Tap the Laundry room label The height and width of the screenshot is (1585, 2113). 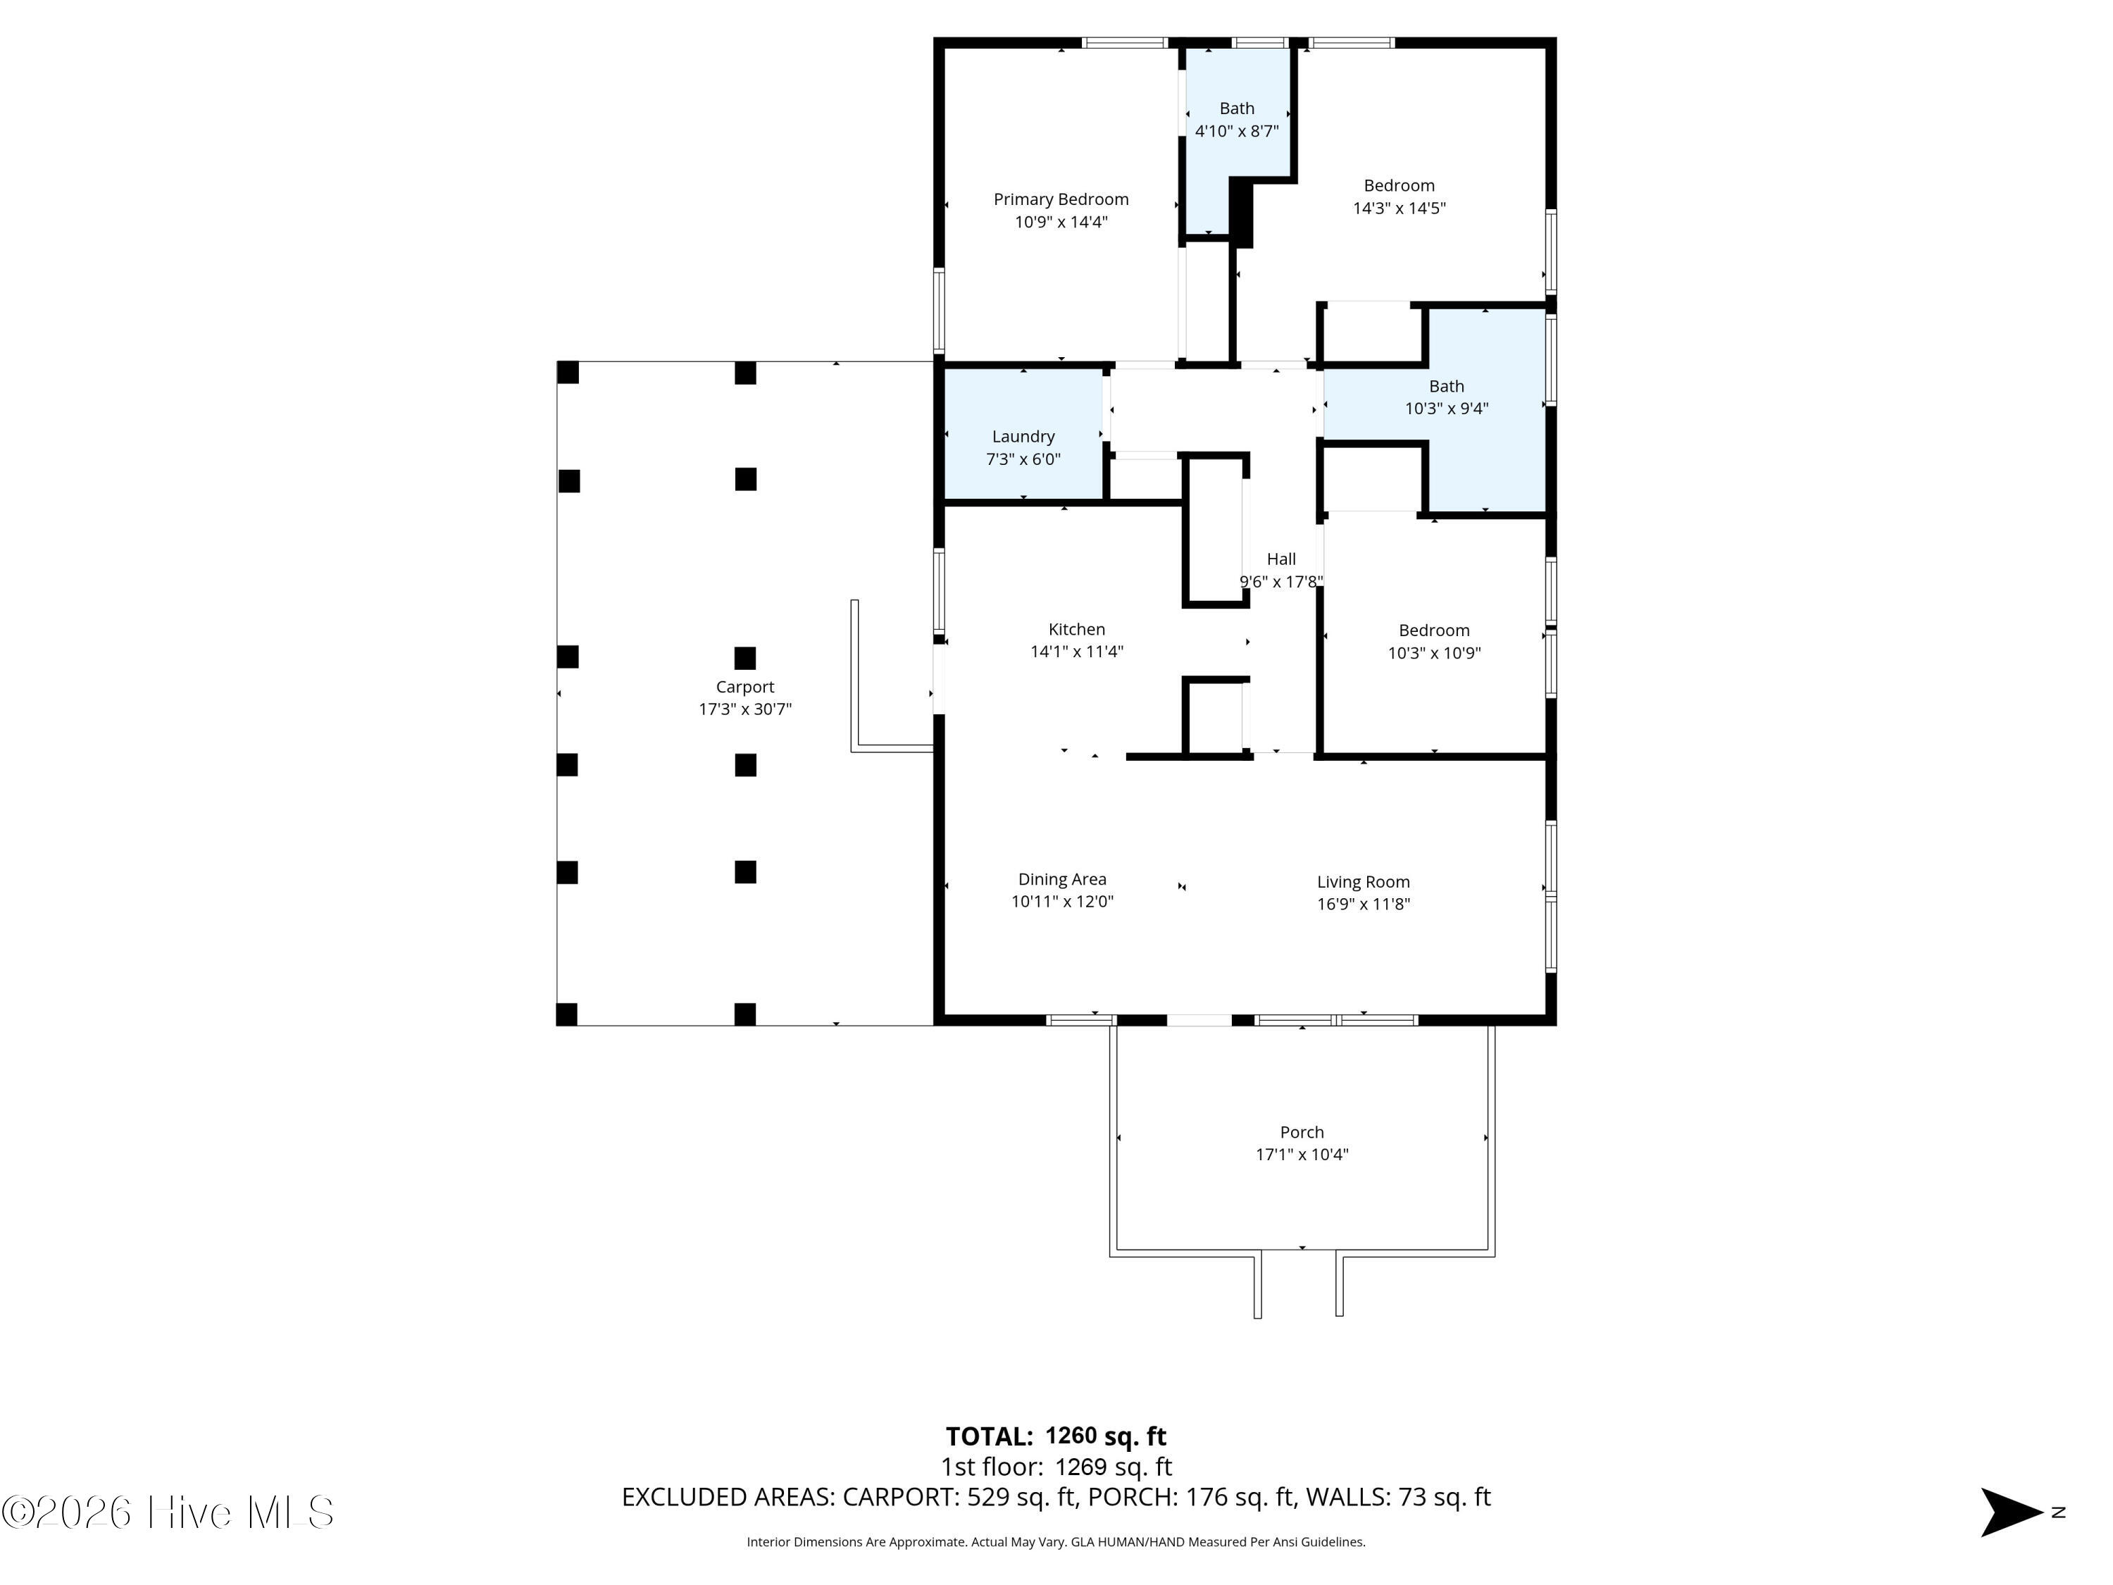point(1023,437)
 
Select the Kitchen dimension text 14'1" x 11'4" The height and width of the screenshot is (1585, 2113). point(1076,652)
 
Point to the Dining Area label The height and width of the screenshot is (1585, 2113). point(1062,879)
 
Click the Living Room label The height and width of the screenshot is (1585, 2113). point(1363,882)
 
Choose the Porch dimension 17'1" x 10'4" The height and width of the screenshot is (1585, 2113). point(1302,1154)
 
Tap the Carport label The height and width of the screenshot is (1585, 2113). point(745,687)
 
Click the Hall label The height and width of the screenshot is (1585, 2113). point(1281,559)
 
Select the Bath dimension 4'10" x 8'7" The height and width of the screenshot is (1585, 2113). point(1237,131)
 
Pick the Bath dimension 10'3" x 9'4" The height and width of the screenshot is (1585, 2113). point(1446,409)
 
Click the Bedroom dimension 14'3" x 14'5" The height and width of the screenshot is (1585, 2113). point(1400,209)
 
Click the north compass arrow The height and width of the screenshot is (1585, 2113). point(2010,1512)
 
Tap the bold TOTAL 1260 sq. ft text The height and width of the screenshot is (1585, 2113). point(1056,1436)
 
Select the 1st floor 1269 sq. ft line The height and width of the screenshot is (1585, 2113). point(1056,1467)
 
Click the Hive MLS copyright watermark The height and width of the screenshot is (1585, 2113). point(168,1512)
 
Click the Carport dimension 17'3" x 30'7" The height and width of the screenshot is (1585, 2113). point(745,709)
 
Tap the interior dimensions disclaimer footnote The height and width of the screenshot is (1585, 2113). point(1056,1542)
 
